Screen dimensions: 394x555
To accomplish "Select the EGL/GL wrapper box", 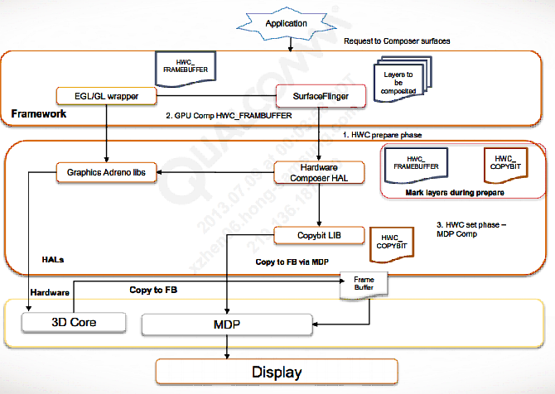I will pos(107,96).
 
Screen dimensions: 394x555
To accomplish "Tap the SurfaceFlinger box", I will pos(321,97).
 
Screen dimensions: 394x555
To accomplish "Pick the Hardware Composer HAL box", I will pos(319,172).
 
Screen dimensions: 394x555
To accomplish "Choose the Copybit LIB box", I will pos(320,236).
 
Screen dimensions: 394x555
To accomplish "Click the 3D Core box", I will pos(75,320).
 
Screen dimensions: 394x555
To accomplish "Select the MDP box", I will pos(224,324).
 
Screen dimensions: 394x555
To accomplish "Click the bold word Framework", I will pos(38,113).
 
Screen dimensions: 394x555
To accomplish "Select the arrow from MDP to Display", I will pos(224,348).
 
